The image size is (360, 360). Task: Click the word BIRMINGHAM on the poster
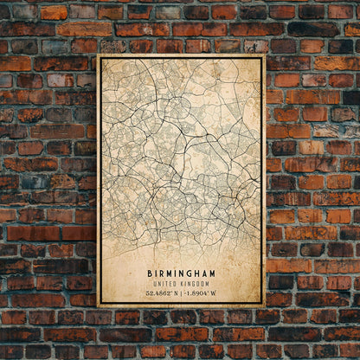click(182, 273)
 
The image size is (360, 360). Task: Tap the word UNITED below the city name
click(167, 284)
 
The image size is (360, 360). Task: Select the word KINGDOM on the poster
click(194, 284)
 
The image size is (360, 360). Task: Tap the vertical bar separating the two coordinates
click(181, 293)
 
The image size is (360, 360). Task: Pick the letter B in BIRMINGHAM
click(149, 273)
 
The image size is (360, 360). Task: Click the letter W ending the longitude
click(215, 293)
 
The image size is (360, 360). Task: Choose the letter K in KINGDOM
click(182, 284)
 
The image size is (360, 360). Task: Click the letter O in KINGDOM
click(201, 284)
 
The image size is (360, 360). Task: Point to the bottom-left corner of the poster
click(99, 306)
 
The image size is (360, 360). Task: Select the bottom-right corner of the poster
click(264, 306)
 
